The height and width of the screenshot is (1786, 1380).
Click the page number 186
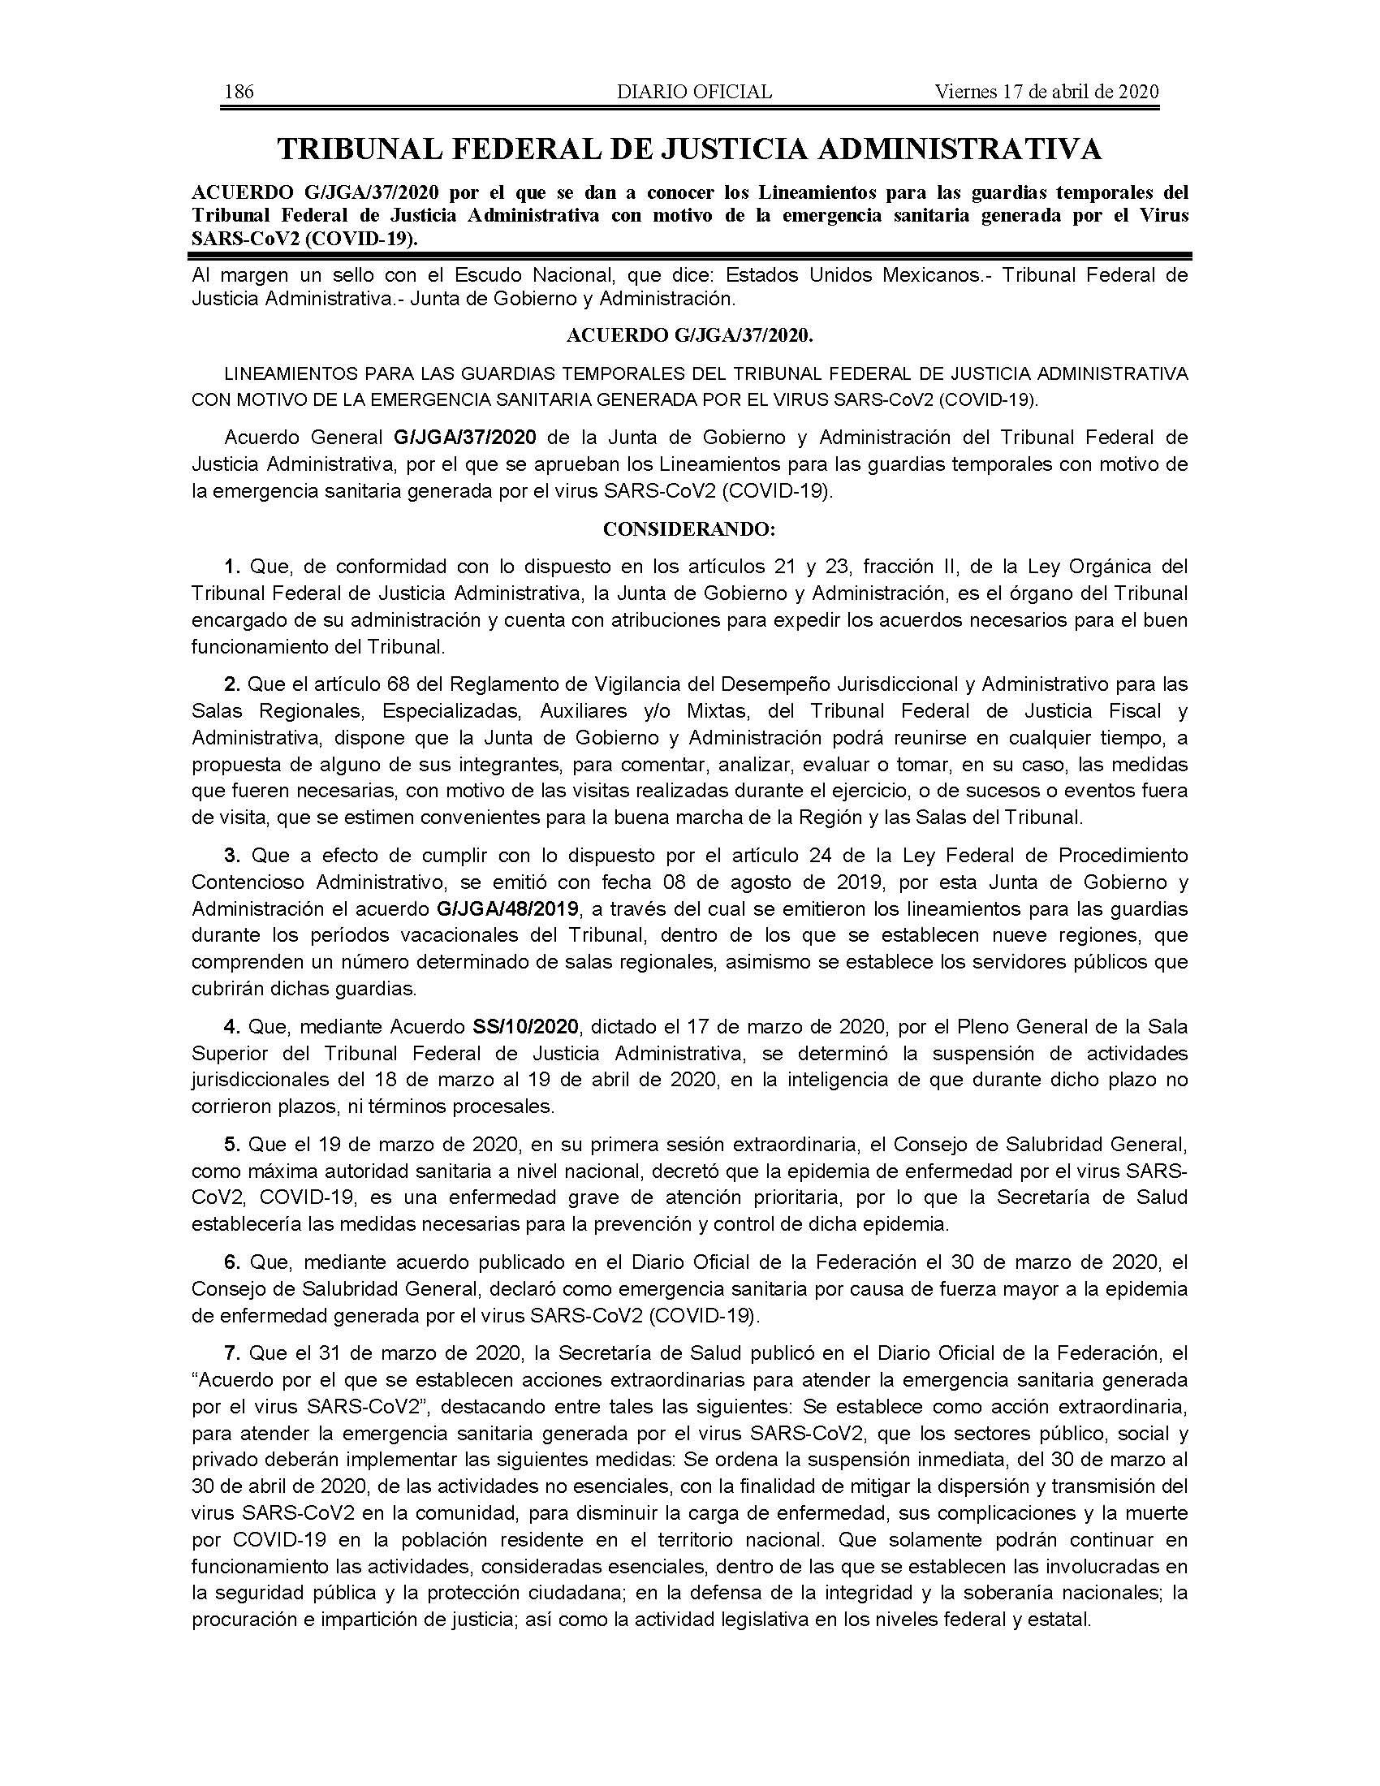point(239,92)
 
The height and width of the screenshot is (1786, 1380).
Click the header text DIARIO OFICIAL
point(694,92)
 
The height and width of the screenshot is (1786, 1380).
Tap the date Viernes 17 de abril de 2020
point(1046,92)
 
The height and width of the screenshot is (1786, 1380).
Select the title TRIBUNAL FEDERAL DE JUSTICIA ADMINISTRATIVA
point(689,149)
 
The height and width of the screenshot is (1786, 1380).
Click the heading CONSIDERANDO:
point(689,529)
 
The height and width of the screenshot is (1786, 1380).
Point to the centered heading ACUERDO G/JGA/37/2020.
point(689,335)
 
